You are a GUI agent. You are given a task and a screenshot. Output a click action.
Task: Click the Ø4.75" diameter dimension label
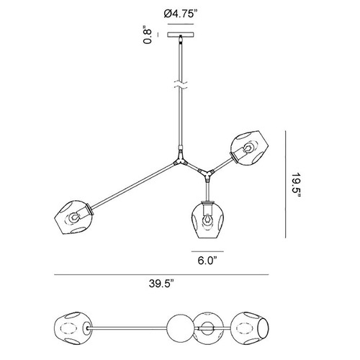[x=182, y=14]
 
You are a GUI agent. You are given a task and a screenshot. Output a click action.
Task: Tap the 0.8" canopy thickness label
[x=148, y=36]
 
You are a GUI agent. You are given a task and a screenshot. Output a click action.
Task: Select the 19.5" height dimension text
[x=297, y=184]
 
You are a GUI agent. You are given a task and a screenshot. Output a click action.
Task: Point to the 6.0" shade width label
[x=207, y=261]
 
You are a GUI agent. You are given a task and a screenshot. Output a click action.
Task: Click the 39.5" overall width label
[x=161, y=284]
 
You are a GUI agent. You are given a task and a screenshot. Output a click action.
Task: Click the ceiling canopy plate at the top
[x=181, y=35]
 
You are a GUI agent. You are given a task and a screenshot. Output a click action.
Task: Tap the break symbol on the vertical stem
[x=181, y=85]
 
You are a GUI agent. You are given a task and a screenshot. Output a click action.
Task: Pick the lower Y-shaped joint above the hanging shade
[x=207, y=175]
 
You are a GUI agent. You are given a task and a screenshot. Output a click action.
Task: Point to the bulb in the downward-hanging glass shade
[x=207, y=220]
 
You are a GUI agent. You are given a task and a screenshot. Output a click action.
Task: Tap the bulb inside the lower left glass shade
[x=73, y=217]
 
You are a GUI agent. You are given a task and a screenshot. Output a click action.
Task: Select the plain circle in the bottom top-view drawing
[x=180, y=328]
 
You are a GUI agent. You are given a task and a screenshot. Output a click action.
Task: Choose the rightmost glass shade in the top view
[x=250, y=328]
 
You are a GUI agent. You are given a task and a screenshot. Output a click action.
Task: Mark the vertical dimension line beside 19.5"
[x=285, y=184]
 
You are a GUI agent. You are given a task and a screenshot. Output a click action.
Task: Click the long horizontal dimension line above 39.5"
[x=161, y=274]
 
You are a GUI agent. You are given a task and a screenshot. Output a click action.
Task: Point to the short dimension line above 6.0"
[x=207, y=251]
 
